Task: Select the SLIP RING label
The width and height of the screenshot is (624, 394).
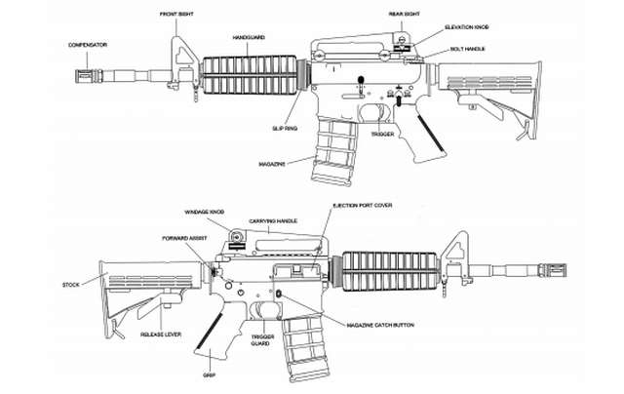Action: [x=284, y=128]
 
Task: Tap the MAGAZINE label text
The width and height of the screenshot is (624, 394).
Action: [x=273, y=163]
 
